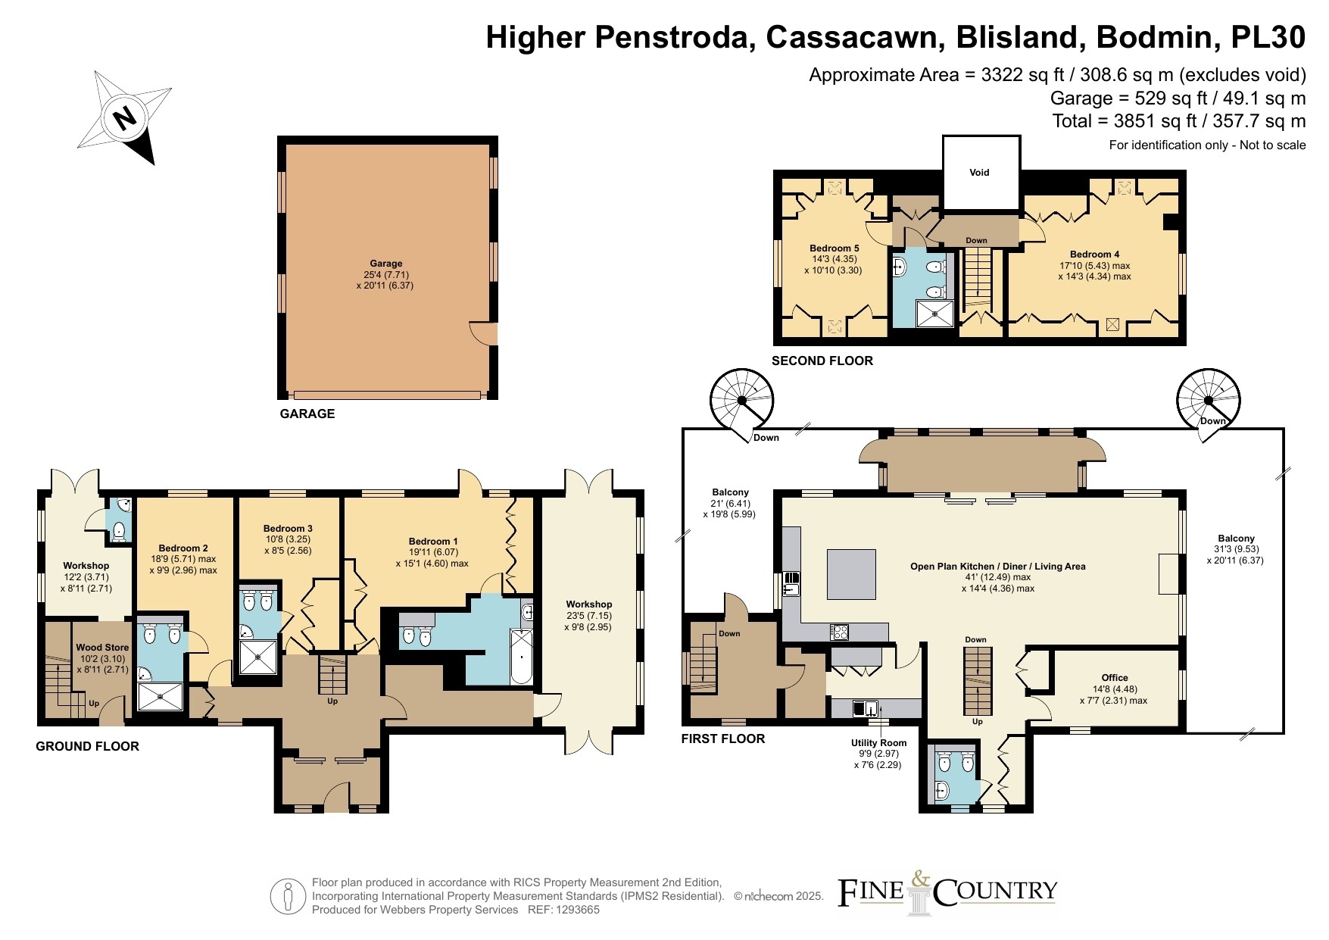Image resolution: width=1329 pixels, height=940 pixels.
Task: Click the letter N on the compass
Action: pos(124,117)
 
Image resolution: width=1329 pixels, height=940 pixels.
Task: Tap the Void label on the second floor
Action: pos(979,173)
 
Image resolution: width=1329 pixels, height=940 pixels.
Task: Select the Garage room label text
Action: pos(386,264)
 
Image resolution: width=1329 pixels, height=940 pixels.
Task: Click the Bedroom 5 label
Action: pos(834,248)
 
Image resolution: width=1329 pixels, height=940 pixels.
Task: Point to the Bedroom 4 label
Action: pos(1094,255)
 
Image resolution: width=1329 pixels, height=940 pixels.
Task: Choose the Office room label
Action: pos(1115,678)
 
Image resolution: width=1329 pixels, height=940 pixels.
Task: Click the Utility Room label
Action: pos(878,743)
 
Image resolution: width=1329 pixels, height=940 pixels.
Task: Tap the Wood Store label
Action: pos(102,648)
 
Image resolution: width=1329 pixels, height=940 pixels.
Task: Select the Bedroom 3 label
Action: pos(288,529)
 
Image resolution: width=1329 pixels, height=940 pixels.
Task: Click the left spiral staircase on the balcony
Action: pos(743,401)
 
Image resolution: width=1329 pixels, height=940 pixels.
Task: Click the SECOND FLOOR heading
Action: pos(822,361)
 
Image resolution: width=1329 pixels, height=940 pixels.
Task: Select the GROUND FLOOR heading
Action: pos(88,746)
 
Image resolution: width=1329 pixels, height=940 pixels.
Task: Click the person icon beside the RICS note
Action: pos(288,897)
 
